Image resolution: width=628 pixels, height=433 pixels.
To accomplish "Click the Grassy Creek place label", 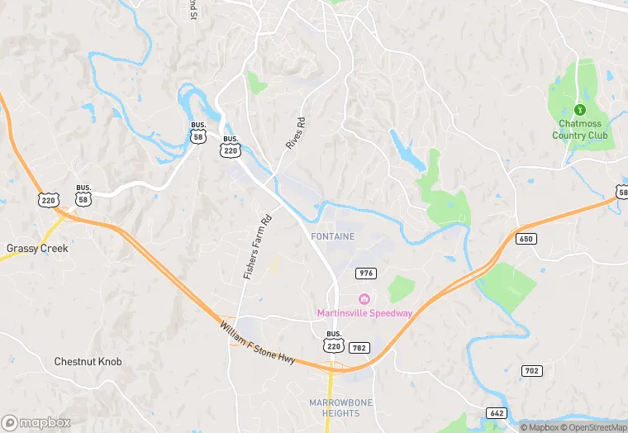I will pyautogui.click(x=37, y=248).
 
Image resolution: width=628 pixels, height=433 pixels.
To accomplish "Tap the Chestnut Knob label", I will pyautogui.click(x=88, y=361).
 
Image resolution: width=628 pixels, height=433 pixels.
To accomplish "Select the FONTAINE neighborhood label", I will pyautogui.click(x=332, y=236).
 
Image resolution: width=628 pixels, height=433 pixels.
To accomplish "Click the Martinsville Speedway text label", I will pyautogui.click(x=364, y=312).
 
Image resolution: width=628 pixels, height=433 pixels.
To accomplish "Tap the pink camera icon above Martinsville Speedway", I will pyautogui.click(x=364, y=298).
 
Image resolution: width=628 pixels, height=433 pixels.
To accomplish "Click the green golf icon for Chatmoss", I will pyautogui.click(x=579, y=110).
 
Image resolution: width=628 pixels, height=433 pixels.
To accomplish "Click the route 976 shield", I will pyautogui.click(x=366, y=274).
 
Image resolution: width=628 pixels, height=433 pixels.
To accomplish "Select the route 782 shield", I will pyautogui.click(x=359, y=348).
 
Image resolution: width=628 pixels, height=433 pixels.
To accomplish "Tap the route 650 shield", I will pyautogui.click(x=526, y=239).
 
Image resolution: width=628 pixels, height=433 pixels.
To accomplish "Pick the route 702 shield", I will pyautogui.click(x=531, y=370).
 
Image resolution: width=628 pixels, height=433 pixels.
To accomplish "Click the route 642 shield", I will pyautogui.click(x=497, y=413).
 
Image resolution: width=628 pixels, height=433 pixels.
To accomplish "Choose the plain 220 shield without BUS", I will pyautogui.click(x=48, y=199).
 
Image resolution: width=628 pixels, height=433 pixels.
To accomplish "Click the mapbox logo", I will pyautogui.click(x=36, y=422).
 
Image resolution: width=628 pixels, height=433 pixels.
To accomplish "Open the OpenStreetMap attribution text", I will pyautogui.click(x=594, y=427).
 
